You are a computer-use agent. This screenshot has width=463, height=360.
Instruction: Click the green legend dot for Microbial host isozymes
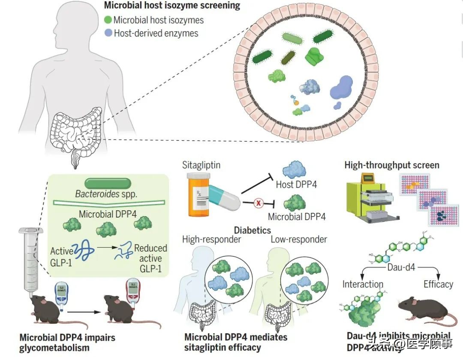tap(108, 20)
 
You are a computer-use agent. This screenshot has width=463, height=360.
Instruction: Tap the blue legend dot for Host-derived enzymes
tap(108, 33)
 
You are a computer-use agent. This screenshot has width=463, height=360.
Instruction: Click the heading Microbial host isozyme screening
tap(172, 6)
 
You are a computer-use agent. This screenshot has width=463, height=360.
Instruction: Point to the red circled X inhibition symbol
tap(258, 203)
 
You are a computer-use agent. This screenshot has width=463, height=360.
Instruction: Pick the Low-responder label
tap(299, 239)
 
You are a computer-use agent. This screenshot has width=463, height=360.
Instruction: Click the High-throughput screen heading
tap(392, 165)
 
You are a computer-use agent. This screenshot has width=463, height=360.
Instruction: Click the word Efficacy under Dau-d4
tap(438, 284)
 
